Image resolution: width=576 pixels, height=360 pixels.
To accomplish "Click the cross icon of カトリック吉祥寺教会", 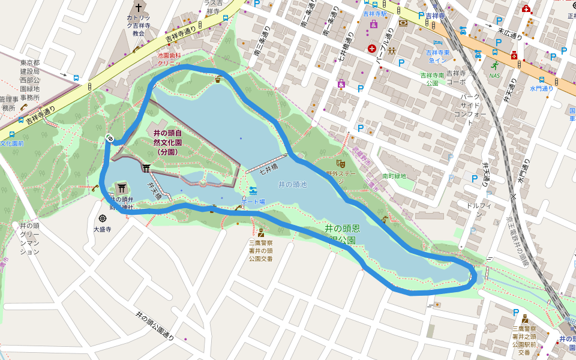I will coord(139,8).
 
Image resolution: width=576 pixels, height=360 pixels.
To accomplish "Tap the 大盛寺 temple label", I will coord(103,229).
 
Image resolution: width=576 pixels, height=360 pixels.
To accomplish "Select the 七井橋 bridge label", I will coord(268,169).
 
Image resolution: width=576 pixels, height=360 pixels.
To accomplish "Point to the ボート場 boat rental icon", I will coord(253,191).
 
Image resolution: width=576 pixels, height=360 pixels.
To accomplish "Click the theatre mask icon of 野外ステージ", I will coord(340,163).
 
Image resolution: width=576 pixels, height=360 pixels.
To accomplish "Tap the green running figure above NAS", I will coord(494,65).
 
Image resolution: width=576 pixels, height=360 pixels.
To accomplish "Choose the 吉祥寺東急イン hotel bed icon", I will coord(438,43).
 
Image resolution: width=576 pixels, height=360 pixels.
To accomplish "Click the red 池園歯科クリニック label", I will coord(169,58).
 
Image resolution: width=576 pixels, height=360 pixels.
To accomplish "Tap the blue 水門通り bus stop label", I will coord(541,88).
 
